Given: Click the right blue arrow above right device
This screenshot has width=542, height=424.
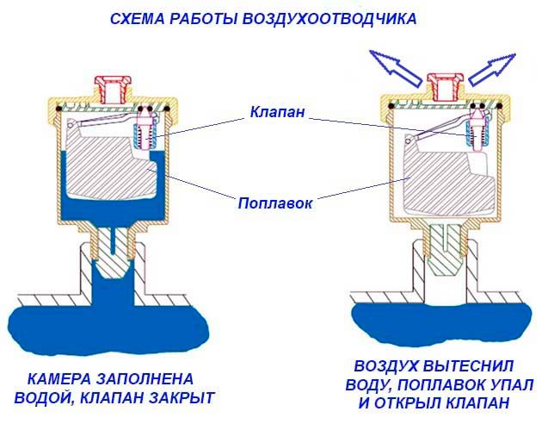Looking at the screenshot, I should point(494,65).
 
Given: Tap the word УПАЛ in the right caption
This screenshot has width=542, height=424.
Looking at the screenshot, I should point(511,383).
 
